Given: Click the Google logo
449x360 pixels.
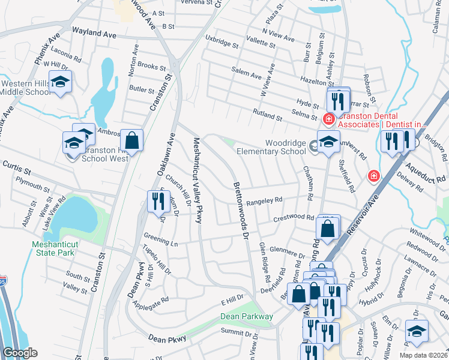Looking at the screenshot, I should coord(20,353).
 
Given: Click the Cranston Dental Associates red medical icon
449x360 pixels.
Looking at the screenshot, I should coord(328,119).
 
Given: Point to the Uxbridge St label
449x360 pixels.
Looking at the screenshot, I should coord(221,44).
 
